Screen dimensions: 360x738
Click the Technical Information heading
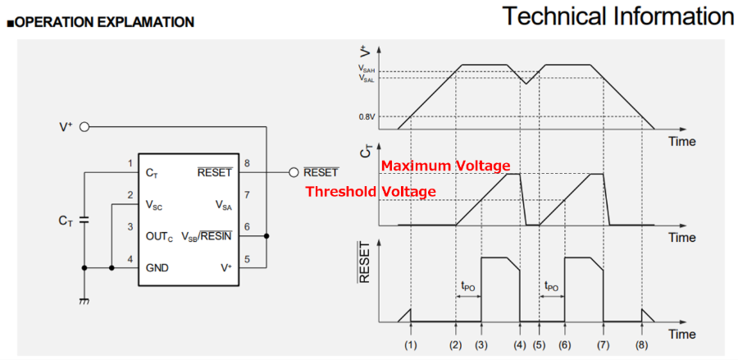(617, 16)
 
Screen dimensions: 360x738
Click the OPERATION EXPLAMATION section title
(103, 22)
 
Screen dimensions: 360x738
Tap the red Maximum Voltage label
(445, 166)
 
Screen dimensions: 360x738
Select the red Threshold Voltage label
(371, 192)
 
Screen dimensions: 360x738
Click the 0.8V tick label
(367, 116)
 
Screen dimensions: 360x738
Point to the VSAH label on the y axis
(367, 71)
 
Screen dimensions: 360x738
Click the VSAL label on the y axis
(367, 79)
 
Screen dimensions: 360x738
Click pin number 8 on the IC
(247, 163)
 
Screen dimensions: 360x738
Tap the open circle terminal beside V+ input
(84, 127)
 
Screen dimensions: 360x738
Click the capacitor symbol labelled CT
(84, 221)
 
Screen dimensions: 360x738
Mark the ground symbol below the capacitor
(84, 301)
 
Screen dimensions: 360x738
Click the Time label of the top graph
(681, 141)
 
